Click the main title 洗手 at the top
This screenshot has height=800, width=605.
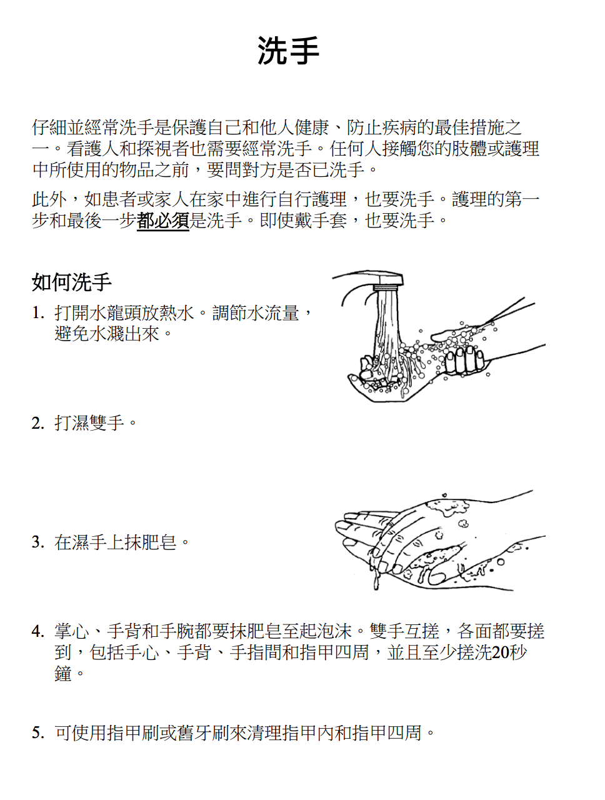[288, 51]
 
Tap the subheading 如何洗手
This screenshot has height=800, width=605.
[71, 282]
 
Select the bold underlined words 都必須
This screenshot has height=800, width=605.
[163, 221]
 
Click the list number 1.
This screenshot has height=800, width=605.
[38, 312]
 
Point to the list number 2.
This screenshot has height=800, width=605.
[38, 423]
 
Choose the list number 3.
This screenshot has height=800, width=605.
[38, 542]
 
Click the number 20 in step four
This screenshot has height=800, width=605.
[500, 652]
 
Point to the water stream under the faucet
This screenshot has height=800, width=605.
[387, 328]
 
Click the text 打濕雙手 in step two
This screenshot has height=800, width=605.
[89, 423]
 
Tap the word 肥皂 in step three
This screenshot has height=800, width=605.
[159, 542]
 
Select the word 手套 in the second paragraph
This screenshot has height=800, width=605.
[329, 221]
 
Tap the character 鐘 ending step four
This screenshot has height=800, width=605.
[63, 674]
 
